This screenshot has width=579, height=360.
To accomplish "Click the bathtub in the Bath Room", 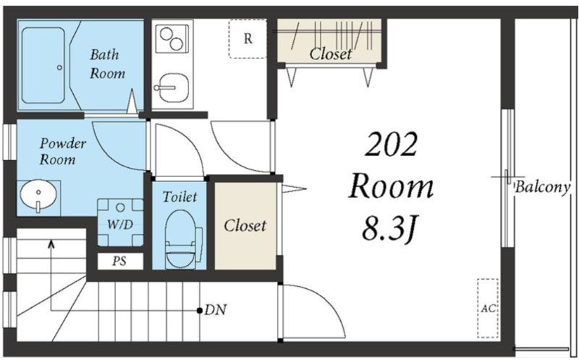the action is (x=43, y=65).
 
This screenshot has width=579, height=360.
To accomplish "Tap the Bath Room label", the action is (x=107, y=64).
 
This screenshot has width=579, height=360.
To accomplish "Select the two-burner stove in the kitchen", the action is (x=172, y=38).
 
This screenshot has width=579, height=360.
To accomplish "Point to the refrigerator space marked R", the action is (x=248, y=38).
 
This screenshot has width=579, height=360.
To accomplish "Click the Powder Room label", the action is (x=63, y=151).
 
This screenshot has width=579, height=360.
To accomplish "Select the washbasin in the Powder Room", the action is (x=38, y=196).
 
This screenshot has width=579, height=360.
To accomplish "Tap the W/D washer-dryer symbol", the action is (x=120, y=222).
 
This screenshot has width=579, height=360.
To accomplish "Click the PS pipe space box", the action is (x=120, y=261).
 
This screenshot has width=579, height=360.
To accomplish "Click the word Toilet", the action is (x=179, y=196).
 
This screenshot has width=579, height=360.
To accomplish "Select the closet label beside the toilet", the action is (x=245, y=225).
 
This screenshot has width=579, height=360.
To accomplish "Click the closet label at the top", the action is (x=331, y=54).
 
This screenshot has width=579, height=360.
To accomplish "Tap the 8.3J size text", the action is (x=390, y=228).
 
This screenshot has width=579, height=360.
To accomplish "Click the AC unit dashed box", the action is (x=488, y=309).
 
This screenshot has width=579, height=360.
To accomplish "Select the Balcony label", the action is (x=543, y=187).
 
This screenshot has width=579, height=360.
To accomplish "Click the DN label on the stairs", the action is (x=216, y=310).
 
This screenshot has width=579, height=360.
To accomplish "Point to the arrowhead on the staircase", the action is (x=51, y=243).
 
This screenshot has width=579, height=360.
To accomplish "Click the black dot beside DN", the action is (x=200, y=310).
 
